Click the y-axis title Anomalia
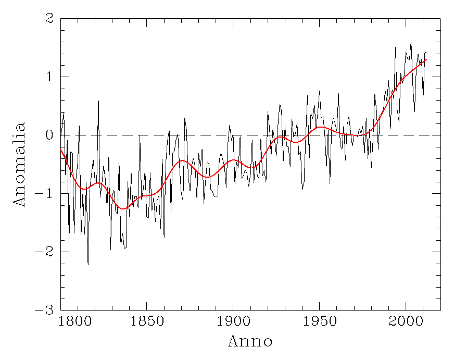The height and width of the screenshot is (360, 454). [x=20, y=165]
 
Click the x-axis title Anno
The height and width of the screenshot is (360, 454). [x=250, y=342]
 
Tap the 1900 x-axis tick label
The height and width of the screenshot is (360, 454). [x=233, y=319]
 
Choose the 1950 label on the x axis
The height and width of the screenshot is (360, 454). [x=319, y=319]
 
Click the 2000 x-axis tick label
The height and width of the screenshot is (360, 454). [x=406, y=319]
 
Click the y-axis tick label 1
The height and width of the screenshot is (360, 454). [x=49, y=77]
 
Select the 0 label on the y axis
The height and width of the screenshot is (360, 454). [x=49, y=135]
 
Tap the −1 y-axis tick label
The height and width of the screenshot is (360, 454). [x=46, y=194]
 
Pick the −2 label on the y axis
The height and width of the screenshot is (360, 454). [x=46, y=252]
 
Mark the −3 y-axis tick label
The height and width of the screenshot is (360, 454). [x=46, y=311]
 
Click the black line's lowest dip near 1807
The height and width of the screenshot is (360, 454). [x=88, y=265]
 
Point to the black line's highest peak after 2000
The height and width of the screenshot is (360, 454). [x=411, y=41]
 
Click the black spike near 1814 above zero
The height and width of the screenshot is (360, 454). [x=98, y=101]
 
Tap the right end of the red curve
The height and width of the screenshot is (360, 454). [x=426, y=59]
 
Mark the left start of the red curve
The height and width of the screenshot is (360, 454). [x=61, y=150]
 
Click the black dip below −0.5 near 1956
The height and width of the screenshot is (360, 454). [x=330, y=183]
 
